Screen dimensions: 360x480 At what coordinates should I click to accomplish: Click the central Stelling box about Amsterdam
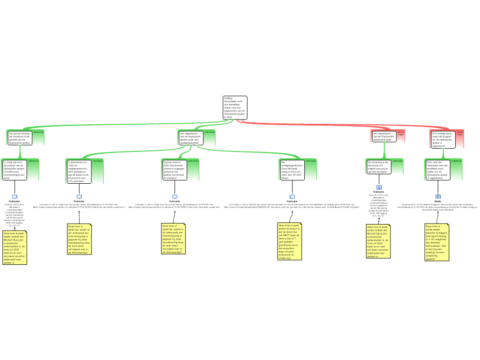235,108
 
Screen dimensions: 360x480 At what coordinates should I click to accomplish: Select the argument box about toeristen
20,138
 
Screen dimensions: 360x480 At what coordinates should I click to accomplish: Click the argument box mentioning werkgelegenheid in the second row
191,138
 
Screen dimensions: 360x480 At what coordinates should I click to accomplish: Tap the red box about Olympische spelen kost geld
384,136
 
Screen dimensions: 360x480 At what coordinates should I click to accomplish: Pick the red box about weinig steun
442,139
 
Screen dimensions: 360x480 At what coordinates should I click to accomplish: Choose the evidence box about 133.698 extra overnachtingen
15,170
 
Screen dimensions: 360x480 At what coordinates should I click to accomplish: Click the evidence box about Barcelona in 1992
79,171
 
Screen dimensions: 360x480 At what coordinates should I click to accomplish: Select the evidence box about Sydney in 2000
174,170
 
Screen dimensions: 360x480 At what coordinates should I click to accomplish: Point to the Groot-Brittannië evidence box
292,170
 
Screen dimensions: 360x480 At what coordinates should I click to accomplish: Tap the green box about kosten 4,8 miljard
378,167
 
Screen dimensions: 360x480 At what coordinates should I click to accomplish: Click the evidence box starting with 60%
438,170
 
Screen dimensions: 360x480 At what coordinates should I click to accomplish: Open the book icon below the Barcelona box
79,197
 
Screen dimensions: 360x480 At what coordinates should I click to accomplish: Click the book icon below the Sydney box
175,197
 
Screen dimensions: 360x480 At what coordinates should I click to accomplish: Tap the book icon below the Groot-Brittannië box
292,197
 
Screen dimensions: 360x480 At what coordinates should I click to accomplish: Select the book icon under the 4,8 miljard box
379,187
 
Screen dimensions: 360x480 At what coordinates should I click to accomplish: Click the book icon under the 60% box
438,197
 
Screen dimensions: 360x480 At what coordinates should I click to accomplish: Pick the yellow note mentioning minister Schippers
437,242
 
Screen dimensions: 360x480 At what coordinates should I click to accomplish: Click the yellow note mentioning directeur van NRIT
290,241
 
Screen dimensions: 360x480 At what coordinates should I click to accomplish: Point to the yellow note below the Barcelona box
79,239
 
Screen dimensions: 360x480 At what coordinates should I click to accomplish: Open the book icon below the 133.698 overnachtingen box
15,197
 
